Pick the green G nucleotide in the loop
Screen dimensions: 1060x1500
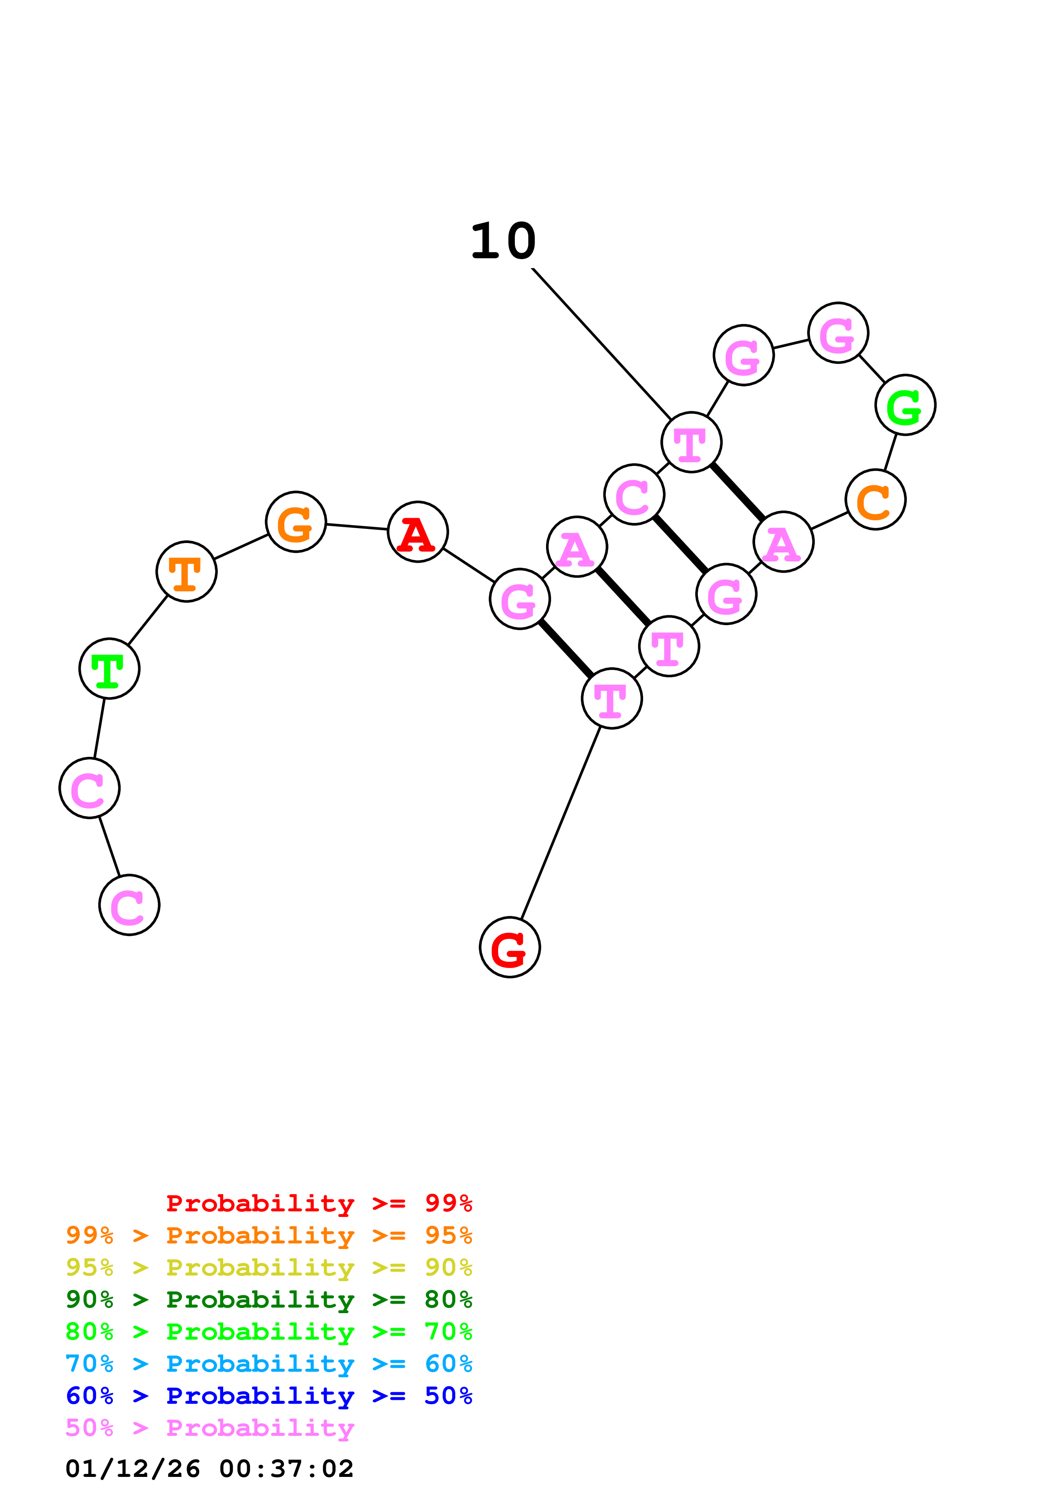[x=905, y=405]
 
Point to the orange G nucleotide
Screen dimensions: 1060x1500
[x=296, y=521]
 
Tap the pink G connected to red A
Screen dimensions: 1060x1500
[x=520, y=599]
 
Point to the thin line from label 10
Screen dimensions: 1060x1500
[x=601, y=343]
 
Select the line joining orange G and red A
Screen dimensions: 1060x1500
[x=357, y=526]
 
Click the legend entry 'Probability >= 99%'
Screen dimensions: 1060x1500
[x=319, y=1203]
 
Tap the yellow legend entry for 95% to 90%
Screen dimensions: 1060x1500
[x=269, y=1267]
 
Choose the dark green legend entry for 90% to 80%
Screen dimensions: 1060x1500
[x=269, y=1299]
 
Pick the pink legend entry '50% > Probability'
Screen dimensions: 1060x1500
[x=210, y=1427]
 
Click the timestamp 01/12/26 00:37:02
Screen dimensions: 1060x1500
[x=209, y=1469]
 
